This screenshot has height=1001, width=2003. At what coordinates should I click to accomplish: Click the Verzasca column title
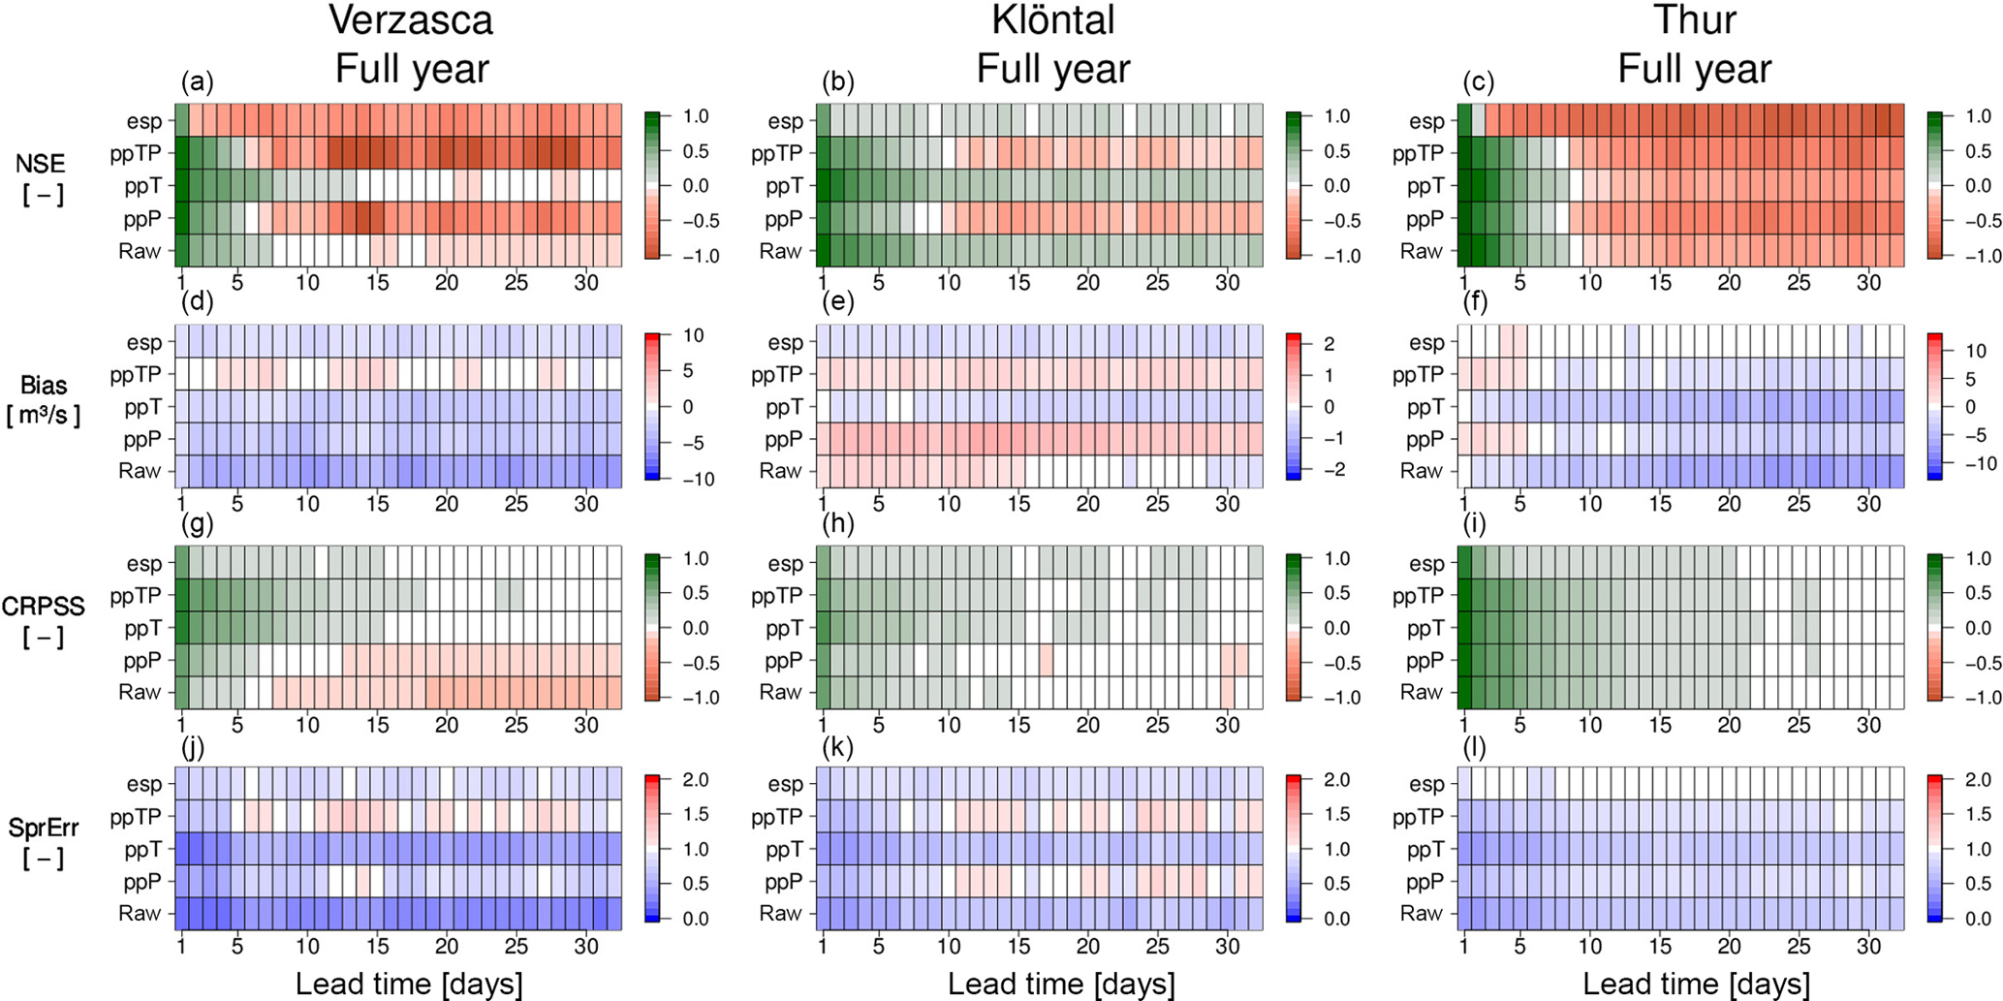[411, 20]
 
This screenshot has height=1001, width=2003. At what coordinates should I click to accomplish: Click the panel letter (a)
[198, 83]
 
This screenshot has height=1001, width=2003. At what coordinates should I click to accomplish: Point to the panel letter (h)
[838, 525]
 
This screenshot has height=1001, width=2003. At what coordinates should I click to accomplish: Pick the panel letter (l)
[1478, 747]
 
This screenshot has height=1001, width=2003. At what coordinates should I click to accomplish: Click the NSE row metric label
[41, 164]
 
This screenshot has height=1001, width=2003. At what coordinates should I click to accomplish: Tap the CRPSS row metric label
[44, 607]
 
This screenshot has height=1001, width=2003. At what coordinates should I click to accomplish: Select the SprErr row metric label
[44, 828]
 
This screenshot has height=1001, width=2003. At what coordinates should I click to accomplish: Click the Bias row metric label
[44, 385]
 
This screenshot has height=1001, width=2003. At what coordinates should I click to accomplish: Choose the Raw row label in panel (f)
[1422, 471]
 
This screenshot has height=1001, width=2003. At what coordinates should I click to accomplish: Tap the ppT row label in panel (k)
[785, 850]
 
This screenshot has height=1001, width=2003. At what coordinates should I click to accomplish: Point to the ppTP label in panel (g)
[136, 596]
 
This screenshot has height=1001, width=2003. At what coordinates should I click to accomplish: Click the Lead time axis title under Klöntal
[1061, 984]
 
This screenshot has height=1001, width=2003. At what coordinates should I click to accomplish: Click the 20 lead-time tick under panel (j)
[447, 947]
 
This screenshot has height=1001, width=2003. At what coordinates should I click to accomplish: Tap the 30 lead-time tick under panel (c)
[1868, 283]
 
